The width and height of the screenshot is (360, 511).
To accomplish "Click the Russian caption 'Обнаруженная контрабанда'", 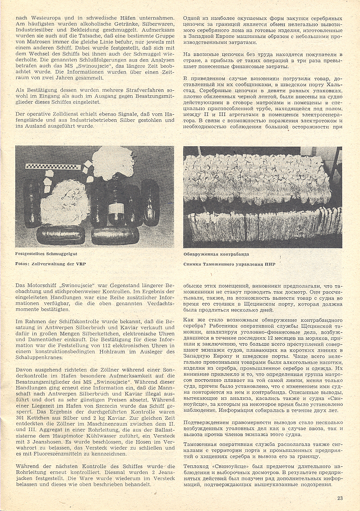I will click(x=216, y=254).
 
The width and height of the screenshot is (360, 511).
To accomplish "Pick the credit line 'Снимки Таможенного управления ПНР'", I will click(x=229, y=264).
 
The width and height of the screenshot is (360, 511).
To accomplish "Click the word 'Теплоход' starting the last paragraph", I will click(x=197, y=465).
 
